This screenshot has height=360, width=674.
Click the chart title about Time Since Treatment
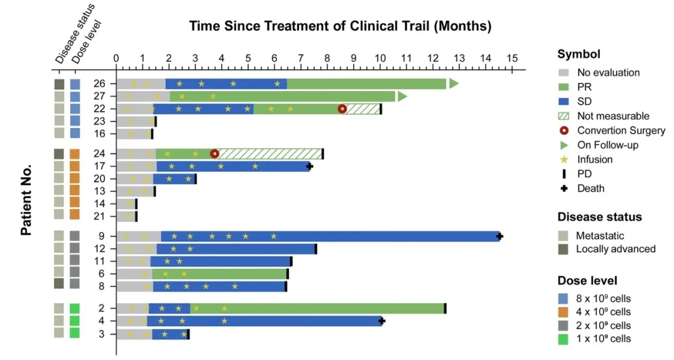pos(340,26)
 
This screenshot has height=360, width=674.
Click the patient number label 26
pos(100,84)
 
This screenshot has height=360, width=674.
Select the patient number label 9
pos(102,236)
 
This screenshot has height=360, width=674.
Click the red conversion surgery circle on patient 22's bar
pos(342,109)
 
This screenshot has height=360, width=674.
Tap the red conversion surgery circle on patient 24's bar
pos(215,153)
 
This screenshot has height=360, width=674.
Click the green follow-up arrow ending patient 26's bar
pos(454,84)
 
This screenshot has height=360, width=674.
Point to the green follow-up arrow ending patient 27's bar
pos(403,96)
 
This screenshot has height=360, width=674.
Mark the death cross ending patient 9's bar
pos(499,236)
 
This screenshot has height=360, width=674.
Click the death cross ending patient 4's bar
pos(382,321)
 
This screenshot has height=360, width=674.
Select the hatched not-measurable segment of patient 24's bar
pos(270,153)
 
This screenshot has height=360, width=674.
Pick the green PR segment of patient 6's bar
pos(219,273)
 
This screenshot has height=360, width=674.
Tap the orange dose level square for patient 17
pos(75,166)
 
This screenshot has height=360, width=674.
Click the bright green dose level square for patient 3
pos(75,333)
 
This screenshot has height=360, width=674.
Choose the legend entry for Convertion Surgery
pos(621,130)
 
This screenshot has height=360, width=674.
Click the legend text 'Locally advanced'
pos(615,249)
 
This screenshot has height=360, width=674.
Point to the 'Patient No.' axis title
pos(26,200)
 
